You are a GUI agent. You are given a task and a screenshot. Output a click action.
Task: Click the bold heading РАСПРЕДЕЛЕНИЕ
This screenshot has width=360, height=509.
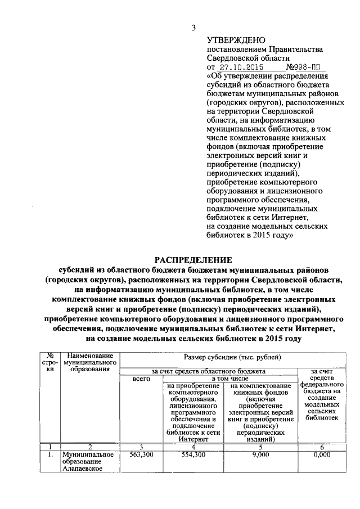click(x=193, y=259)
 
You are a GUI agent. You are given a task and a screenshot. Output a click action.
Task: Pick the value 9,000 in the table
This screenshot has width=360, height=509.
click(x=260, y=454)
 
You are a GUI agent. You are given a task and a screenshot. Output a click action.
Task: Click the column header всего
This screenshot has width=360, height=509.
click(x=141, y=379)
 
